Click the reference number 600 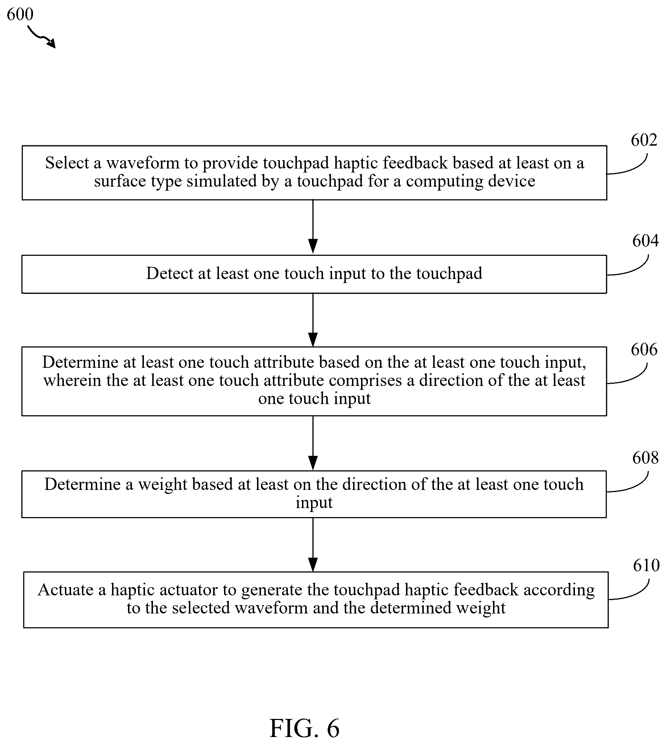[x=20, y=14]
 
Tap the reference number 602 [x=644, y=140]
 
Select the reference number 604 [x=645, y=241]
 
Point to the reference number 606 [x=644, y=349]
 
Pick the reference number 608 [x=645, y=458]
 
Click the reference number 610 [x=646, y=565]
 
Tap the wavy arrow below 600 [x=41, y=37]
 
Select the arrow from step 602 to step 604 [x=313, y=227]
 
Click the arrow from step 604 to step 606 [x=313, y=320]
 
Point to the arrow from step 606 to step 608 [x=313, y=443]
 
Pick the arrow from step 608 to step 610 [x=313, y=545]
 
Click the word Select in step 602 [x=67, y=163]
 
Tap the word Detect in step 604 [x=170, y=273]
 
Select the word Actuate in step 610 [x=66, y=590]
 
